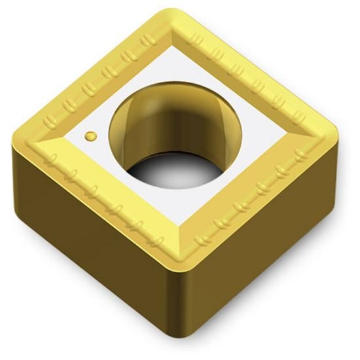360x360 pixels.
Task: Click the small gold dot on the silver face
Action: (90, 135)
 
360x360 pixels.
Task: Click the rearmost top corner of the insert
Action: (171, 14)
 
